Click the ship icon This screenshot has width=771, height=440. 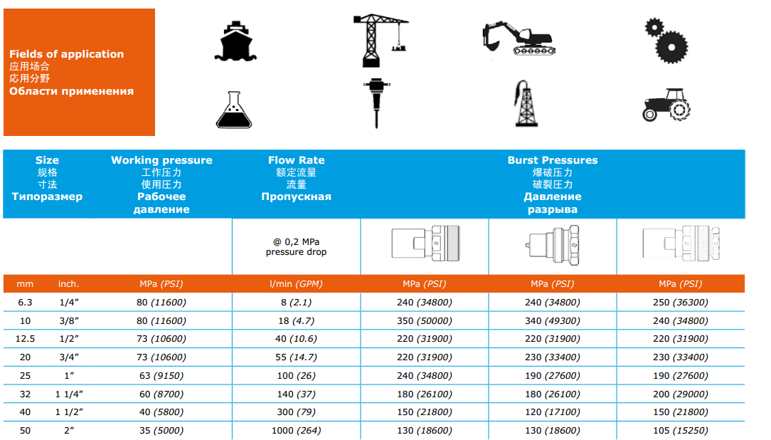click(235, 41)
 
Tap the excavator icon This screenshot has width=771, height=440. click(519, 38)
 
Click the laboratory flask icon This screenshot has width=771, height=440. click(234, 110)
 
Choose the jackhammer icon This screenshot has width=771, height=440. click(377, 103)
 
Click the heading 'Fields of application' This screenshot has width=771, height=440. click(66, 54)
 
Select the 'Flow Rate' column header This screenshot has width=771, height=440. click(296, 160)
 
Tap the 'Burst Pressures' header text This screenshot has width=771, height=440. click(553, 160)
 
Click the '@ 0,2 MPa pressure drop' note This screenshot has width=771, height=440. click(296, 246)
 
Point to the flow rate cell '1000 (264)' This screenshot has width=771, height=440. click(296, 431)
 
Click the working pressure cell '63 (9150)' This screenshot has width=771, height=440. click(161, 375)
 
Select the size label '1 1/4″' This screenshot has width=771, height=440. click(69, 394)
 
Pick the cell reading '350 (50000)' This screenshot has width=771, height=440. click(425, 321)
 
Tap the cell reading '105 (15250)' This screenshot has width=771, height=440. click(681, 431)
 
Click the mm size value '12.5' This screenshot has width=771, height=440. click(25, 339)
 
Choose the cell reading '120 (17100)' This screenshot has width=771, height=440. click(553, 412)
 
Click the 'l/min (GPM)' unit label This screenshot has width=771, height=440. click(296, 284)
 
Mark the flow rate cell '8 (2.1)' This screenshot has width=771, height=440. click(296, 302)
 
